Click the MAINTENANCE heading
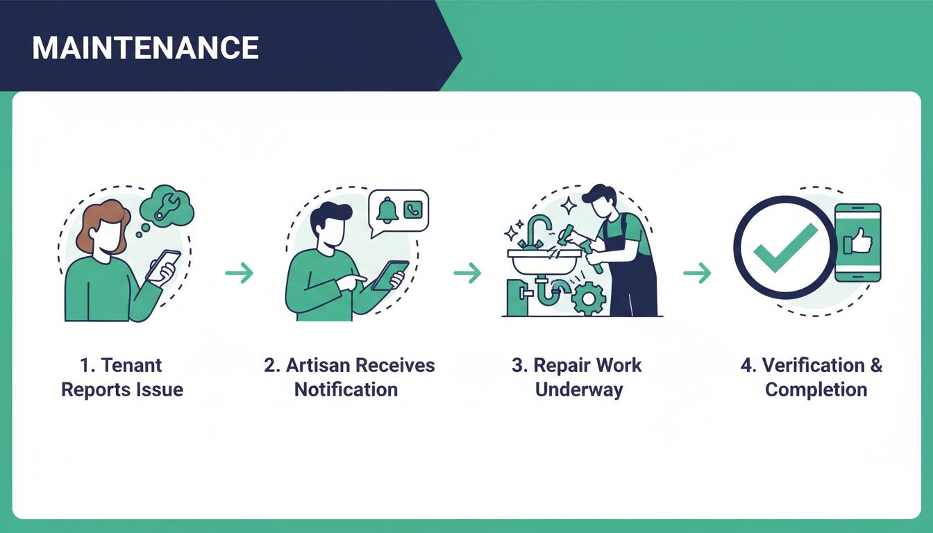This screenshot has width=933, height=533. (145, 48)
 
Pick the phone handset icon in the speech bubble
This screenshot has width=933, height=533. (414, 208)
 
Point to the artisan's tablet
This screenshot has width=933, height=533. (388, 275)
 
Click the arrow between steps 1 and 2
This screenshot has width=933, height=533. (239, 273)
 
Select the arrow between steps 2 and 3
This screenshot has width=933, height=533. (468, 273)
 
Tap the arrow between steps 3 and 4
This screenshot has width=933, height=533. (697, 273)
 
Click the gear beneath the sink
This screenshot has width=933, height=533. (589, 298)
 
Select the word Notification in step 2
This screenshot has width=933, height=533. (346, 389)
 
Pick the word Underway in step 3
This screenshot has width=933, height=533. (579, 389)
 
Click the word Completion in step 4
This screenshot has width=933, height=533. (816, 389)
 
